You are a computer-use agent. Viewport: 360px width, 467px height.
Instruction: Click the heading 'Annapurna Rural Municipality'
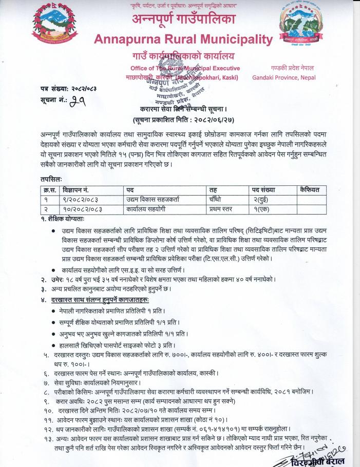[x=183, y=39]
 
